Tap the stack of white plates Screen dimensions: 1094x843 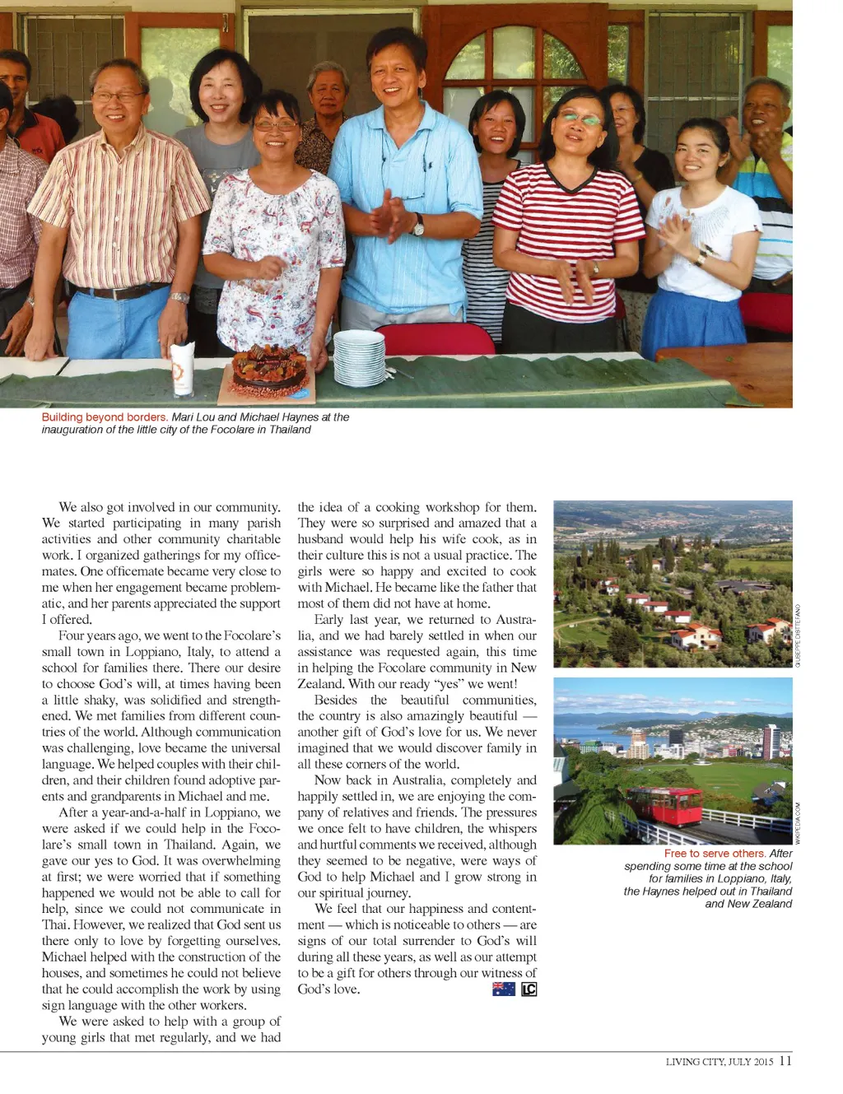(x=359, y=356)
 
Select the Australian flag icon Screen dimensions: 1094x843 (x=503, y=989)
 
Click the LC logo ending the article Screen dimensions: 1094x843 (x=529, y=989)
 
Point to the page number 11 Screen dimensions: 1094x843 (x=785, y=1060)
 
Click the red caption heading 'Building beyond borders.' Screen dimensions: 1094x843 (x=105, y=417)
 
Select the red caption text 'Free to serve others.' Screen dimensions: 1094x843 (x=715, y=854)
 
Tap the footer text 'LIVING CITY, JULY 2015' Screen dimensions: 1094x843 (x=719, y=1062)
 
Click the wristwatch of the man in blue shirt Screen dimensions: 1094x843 (x=418, y=225)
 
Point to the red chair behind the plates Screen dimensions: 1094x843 (x=436, y=338)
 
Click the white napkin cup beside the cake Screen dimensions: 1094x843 (x=181, y=368)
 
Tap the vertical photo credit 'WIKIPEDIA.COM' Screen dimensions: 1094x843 (x=797, y=821)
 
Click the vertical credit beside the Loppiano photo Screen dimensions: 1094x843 (x=797, y=635)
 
